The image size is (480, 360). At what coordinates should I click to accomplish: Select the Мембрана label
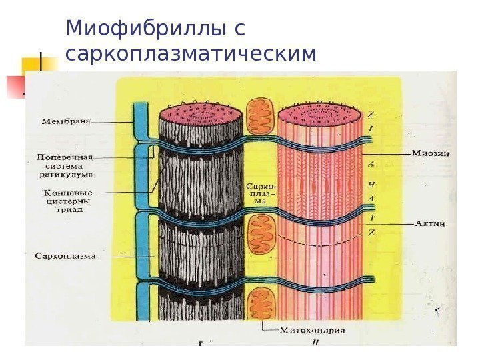pyautogui.click(x=67, y=122)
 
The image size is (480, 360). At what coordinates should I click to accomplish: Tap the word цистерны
pyautogui.click(x=65, y=200)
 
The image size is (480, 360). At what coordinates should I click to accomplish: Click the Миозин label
pyautogui.click(x=429, y=153)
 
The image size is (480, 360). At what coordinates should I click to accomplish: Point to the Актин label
pyautogui.click(x=430, y=224)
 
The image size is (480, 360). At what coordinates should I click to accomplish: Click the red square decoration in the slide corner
pyautogui.click(x=16, y=86)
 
